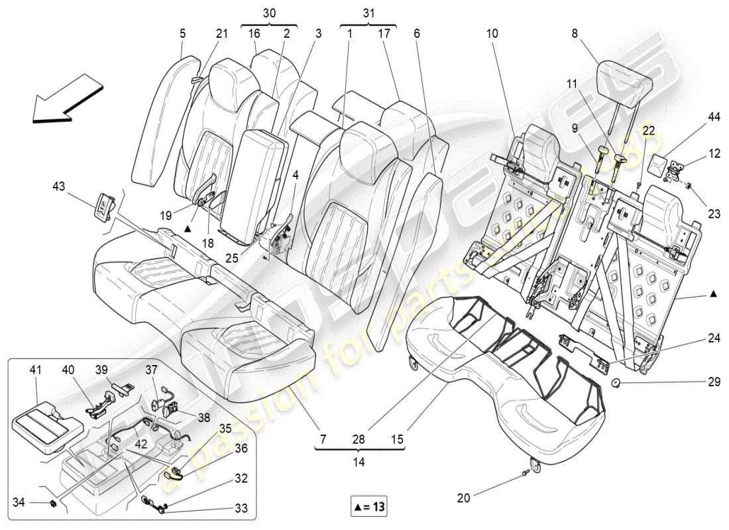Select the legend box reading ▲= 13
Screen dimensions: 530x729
pos(369,507)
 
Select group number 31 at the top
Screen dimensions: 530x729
pos(368,13)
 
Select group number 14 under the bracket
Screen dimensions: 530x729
pos(359,464)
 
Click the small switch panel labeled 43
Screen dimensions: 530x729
pos(104,205)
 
